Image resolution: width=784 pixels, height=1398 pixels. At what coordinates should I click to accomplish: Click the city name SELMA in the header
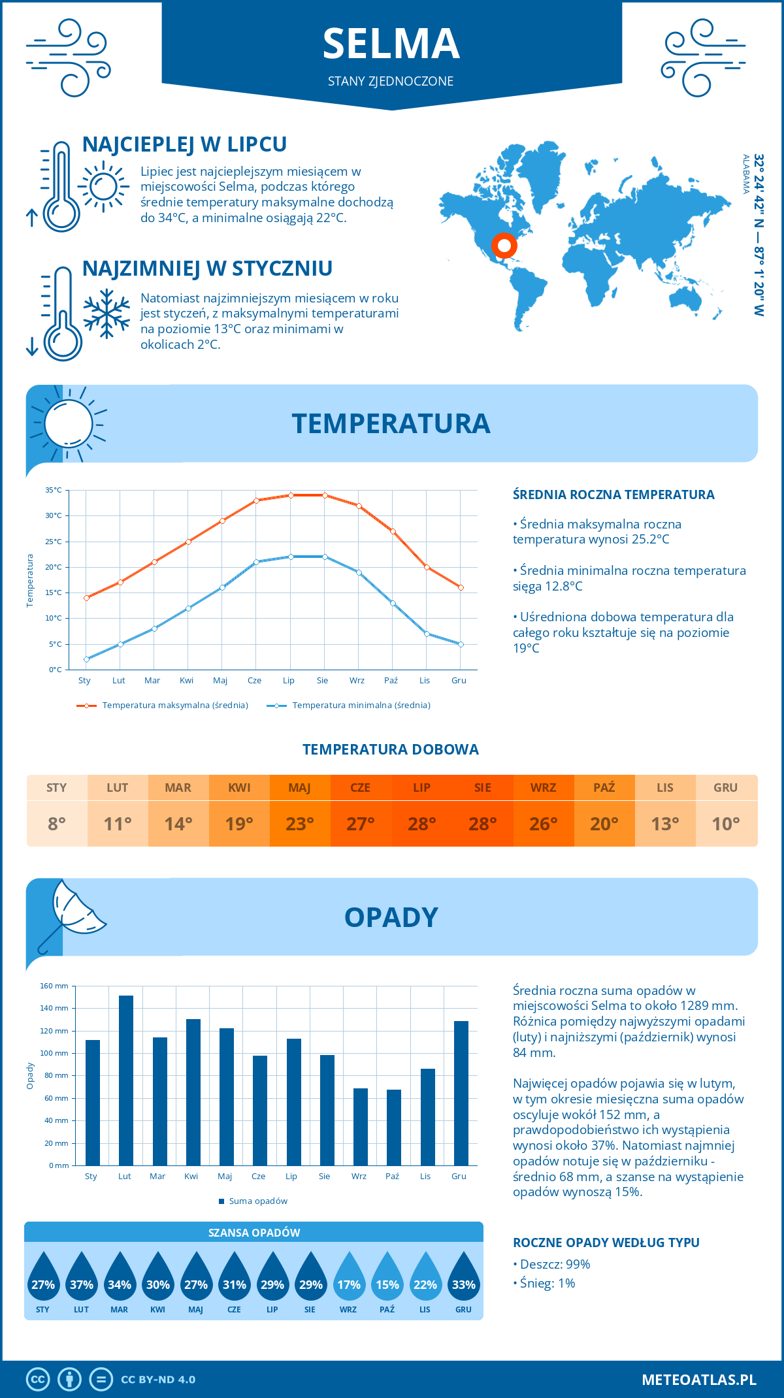391,44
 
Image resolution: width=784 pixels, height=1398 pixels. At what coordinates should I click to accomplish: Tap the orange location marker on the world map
504,246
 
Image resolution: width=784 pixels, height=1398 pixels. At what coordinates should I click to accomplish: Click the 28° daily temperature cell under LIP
422,824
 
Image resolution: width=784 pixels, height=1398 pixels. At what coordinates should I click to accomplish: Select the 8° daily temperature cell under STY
57,824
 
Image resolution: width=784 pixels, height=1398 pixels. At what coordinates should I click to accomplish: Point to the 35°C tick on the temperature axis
54,490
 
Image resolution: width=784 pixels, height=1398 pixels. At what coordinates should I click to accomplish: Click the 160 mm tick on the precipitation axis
55,986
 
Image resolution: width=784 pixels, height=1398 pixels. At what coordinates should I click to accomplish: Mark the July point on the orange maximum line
291,495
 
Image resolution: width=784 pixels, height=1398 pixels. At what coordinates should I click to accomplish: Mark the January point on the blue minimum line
86,659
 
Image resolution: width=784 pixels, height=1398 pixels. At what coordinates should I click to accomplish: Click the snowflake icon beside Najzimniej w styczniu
106,314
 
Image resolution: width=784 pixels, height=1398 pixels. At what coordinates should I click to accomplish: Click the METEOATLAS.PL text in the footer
699,1380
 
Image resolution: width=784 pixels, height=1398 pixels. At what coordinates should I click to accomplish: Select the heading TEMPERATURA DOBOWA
391,749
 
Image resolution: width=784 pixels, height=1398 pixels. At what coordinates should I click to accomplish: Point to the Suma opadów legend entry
258,1201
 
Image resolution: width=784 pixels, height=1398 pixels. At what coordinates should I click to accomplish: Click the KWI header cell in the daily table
239,788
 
